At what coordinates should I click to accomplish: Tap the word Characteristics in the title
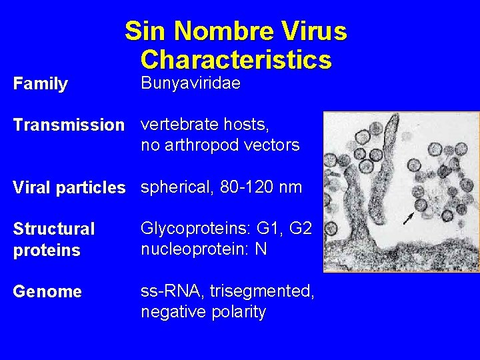click(x=236, y=59)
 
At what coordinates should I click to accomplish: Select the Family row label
click(x=40, y=84)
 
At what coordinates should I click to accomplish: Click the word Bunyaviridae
click(x=191, y=84)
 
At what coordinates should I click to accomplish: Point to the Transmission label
click(x=69, y=125)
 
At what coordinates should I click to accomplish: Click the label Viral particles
click(x=69, y=188)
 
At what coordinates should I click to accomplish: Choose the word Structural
click(x=54, y=229)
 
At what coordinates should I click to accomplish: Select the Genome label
click(x=47, y=291)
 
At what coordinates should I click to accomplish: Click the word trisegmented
click(x=262, y=291)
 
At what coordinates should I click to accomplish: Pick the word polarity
click(x=232, y=311)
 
